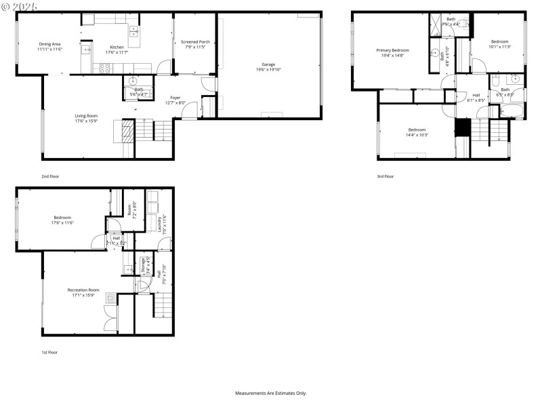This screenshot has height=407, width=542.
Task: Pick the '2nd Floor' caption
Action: tap(50, 176)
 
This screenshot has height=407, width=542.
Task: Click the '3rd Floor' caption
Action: tap(385, 176)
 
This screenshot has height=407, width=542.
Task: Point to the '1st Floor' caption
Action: tap(49, 352)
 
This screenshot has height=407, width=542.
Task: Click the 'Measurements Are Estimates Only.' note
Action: tap(271, 393)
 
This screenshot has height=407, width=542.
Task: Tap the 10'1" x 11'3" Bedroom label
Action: tap(501, 44)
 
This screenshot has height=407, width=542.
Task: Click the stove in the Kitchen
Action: tap(106, 67)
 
